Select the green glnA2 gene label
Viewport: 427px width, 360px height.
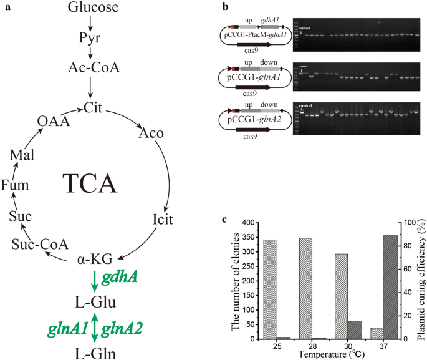tap(125, 327)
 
